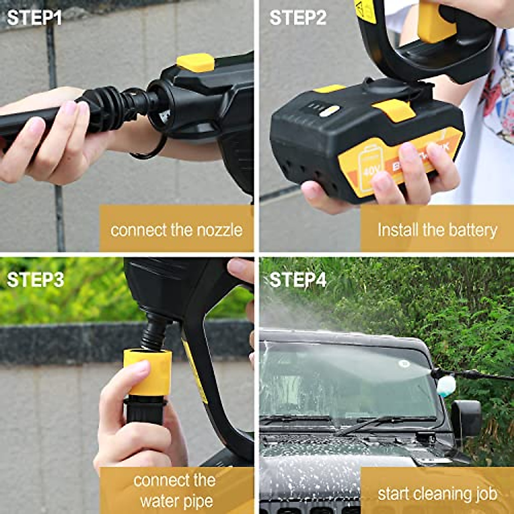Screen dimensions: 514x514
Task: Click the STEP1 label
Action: [x=35, y=18]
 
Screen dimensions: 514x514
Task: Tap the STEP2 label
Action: [x=298, y=18]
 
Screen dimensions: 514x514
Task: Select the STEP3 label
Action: [x=35, y=280]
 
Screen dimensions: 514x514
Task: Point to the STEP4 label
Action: [x=298, y=280]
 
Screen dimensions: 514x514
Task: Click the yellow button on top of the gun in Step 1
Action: [x=196, y=63]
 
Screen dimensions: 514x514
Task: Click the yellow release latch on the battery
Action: [x=393, y=110]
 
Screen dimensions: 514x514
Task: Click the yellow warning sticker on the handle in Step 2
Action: [x=365, y=11]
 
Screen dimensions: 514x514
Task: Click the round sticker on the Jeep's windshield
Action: [x=403, y=364]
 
